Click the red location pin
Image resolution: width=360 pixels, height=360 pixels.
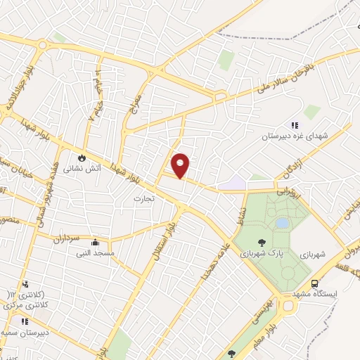pyautogui.click(x=181, y=165)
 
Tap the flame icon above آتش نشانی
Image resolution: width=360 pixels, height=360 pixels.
pyautogui.click(x=82, y=157)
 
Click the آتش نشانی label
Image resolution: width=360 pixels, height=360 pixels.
pyautogui.click(x=78, y=169)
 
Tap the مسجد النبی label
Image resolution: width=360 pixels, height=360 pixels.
pyautogui.click(x=96, y=252)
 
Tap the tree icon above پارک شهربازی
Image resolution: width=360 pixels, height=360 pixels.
pyautogui.click(x=262, y=243)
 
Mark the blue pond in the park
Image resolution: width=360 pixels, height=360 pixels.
pyautogui.click(x=282, y=223)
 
